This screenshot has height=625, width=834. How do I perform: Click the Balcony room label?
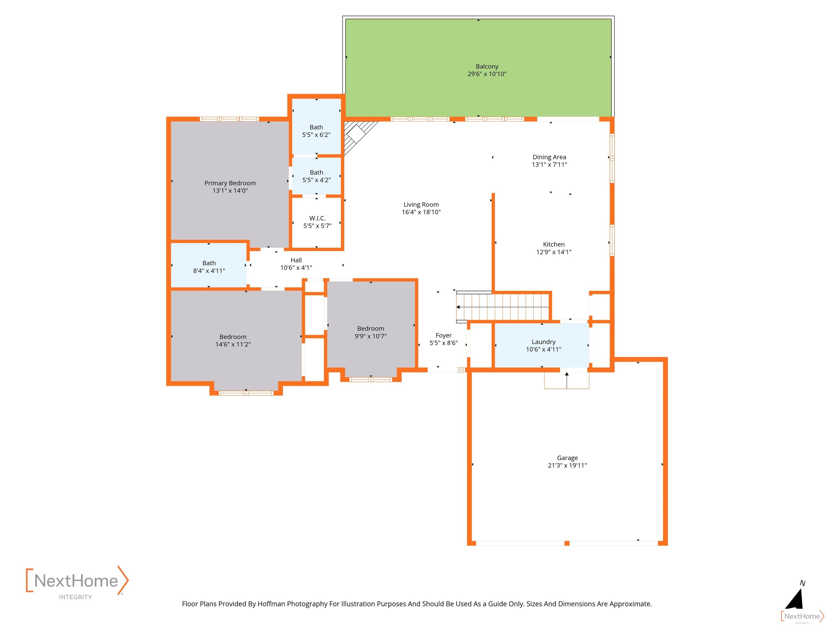487,66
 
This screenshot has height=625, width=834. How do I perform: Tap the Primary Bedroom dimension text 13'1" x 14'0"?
230,191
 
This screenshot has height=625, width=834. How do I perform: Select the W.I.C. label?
317,218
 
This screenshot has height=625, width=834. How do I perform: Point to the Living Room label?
421,205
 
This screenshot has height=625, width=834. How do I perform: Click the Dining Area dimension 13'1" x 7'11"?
549,165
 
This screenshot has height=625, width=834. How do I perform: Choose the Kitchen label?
554,244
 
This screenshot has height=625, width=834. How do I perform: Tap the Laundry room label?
544,342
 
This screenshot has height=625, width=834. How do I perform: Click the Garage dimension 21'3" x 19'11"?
567,465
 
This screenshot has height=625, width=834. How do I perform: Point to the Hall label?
296,260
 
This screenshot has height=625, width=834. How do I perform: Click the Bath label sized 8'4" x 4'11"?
209,263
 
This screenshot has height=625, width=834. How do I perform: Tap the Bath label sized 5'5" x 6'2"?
316,127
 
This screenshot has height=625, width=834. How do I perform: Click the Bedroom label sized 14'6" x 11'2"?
233,337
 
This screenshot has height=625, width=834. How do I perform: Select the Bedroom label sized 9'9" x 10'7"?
371,329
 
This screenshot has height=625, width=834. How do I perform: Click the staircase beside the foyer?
503,307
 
